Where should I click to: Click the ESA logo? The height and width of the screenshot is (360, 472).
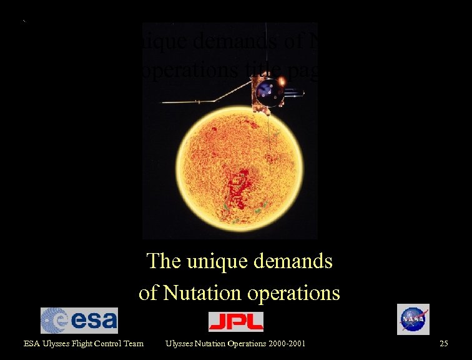click(x=79, y=321)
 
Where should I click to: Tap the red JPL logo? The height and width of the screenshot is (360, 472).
click(x=235, y=321)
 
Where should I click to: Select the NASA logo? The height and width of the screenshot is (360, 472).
click(x=413, y=319)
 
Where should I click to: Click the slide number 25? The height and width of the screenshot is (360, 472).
click(x=444, y=343)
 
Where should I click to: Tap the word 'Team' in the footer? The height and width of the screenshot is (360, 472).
click(x=132, y=343)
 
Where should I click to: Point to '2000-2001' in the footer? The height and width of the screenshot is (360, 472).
click(x=285, y=343)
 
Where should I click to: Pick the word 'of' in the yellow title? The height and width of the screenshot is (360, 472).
click(x=148, y=292)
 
